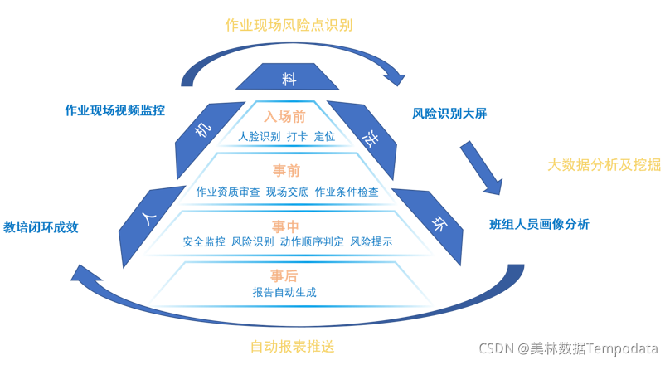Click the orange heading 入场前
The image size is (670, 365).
pos(285,117)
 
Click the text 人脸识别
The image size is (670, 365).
pos(259,136)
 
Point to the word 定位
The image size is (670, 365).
pos(324,136)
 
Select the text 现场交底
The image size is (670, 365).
pos(287,192)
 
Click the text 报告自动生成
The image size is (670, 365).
pos(284,292)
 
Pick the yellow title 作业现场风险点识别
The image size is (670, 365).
pos(289,25)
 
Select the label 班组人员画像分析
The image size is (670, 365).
pos(539,224)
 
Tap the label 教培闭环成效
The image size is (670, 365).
pos(41,227)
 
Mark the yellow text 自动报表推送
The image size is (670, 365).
pos(292,346)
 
